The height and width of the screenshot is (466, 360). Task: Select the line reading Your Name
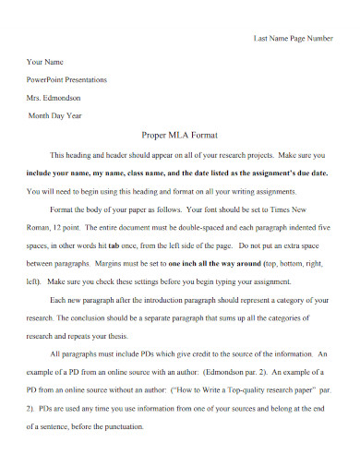point(45,61)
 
